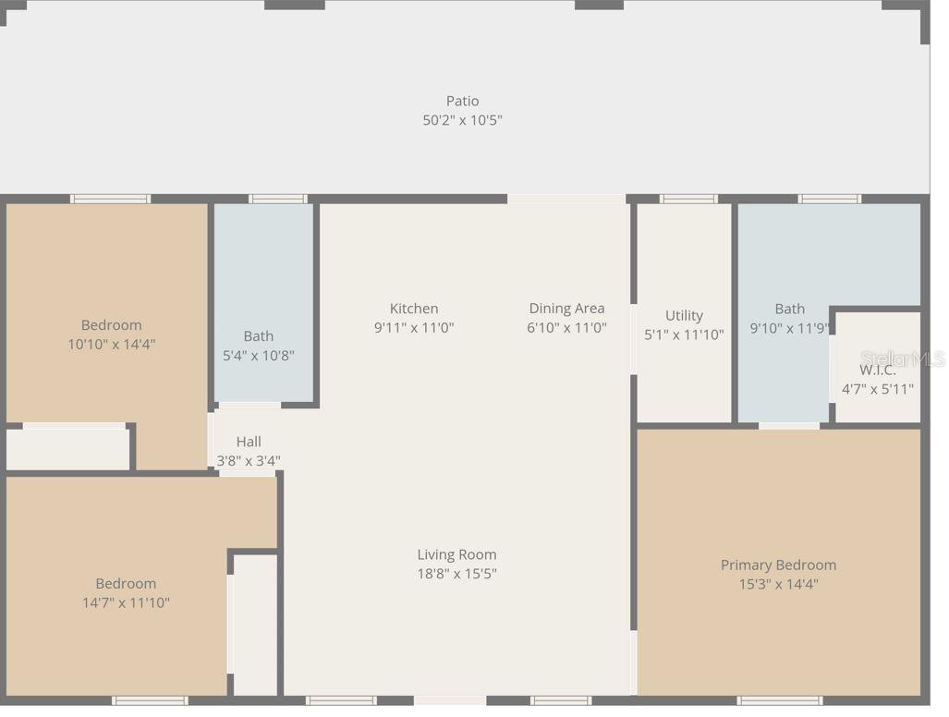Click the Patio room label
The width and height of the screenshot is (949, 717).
tap(462, 101)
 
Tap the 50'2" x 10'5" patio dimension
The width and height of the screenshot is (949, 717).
tap(462, 120)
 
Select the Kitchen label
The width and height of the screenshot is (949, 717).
tap(413, 309)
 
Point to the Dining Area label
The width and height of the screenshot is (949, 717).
tap(566, 309)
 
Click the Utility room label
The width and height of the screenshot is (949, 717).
tap(684, 315)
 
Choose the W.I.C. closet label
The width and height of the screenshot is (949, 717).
tap(877, 370)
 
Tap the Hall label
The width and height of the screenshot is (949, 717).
tap(249, 442)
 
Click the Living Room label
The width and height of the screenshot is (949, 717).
tap(456, 554)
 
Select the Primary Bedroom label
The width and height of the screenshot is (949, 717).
tap(778, 565)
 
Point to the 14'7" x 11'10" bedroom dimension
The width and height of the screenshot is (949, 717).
tap(126, 602)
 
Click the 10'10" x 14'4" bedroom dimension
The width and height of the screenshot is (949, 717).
tap(111, 344)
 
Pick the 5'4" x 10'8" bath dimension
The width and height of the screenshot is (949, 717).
tap(259, 355)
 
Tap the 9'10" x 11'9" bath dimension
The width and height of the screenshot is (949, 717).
tap(789, 327)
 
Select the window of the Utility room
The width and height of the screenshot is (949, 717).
tap(687, 199)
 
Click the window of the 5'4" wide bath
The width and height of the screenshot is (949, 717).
tap(277, 199)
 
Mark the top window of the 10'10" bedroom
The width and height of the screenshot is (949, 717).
tap(110, 199)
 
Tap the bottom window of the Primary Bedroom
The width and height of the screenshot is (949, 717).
tap(779, 700)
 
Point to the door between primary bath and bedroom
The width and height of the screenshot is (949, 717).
tap(788, 426)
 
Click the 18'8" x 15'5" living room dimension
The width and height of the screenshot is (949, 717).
tap(456, 574)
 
